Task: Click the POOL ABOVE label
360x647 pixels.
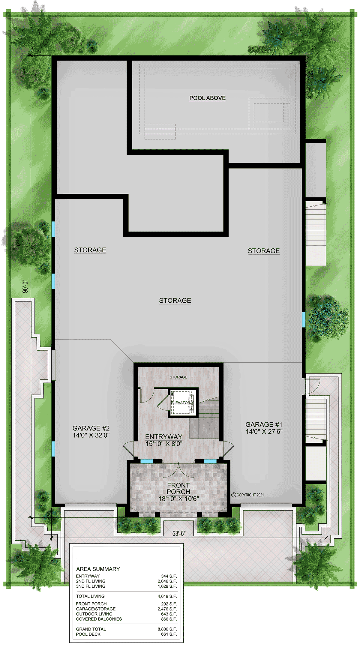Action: pos(207,98)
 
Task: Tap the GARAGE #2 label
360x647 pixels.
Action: pos(91,428)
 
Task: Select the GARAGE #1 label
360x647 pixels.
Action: pos(264,424)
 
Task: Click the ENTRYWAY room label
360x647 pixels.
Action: pos(164,437)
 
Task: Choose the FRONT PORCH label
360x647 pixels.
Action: pos(178,488)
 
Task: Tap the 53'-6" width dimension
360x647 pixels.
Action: pos(179,533)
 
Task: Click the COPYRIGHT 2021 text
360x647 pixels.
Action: pos(248,495)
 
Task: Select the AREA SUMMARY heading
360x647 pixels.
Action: pos(98,569)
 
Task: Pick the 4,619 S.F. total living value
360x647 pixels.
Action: pos(167,596)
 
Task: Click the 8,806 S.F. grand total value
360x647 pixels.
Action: pos(167,629)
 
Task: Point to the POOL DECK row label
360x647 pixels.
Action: pos(88,634)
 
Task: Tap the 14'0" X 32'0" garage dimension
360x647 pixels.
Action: pos(91,435)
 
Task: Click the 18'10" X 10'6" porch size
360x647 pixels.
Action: pos(179,499)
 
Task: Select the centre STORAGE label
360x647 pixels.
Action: pos(175,301)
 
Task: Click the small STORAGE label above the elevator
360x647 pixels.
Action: pos(178,377)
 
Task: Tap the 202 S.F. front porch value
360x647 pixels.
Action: pos(169,604)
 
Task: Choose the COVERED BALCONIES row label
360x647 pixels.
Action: pos(99,619)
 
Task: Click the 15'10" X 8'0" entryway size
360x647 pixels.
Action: pos(164,444)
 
